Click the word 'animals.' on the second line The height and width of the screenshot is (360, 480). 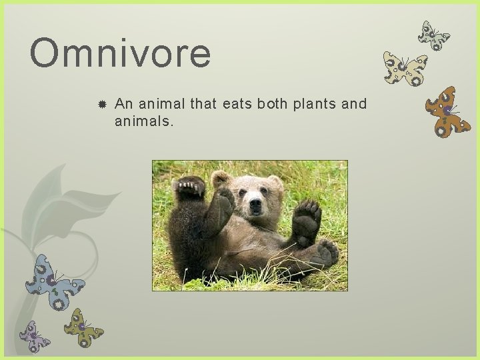[x=143, y=121]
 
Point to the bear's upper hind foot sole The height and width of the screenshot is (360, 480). [x=307, y=219]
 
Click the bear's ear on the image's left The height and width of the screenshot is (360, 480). [x=220, y=178]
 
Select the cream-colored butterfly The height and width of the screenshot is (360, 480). [x=404, y=69]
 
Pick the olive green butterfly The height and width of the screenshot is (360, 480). [x=83, y=327]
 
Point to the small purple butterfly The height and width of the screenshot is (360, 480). [x=34, y=337]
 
